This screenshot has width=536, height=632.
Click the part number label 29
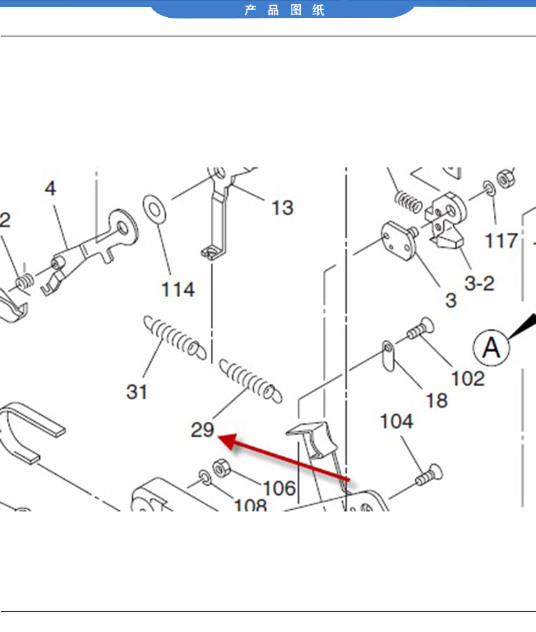pos(202,430)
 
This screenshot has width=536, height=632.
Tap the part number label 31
pos(137,391)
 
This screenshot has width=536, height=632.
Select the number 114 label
pos(178,289)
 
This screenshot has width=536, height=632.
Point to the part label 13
pos(282,208)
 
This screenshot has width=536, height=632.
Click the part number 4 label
pos(50,189)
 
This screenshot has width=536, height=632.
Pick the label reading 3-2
pos(479,283)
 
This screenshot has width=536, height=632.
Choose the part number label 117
pos(501,241)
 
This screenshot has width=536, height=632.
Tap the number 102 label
pos(468,378)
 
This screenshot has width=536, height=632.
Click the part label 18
pos(437,400)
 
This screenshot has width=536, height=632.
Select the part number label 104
pos(397,421)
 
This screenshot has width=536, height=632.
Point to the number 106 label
pos(279,488)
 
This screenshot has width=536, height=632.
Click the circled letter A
pos(491,348)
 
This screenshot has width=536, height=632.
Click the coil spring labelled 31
pos(174,336)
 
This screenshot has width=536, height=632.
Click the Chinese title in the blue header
pos(284,10)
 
